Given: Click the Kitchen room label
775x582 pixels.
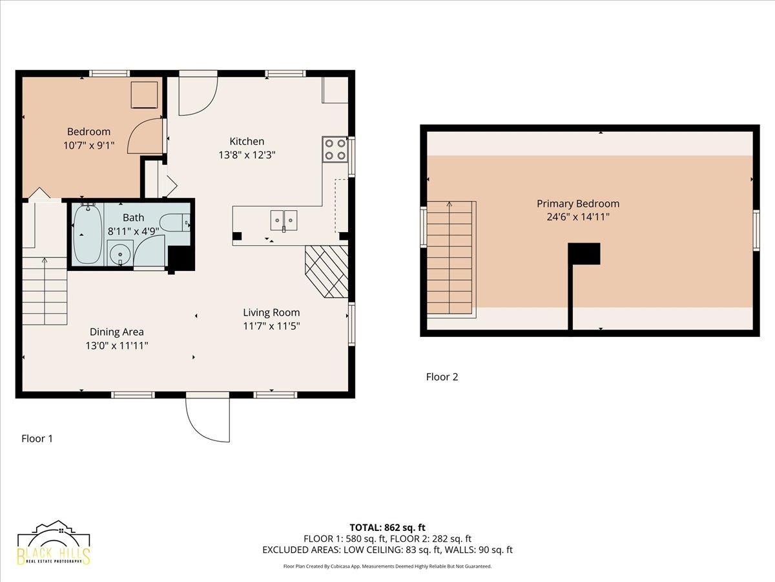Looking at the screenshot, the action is (x=247, y=142).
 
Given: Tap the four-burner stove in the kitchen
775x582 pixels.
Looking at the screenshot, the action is (x=335, y=149).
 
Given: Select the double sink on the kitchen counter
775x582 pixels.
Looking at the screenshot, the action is (x=284, y=221).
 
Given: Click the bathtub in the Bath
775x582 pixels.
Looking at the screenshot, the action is (x=87, y=234).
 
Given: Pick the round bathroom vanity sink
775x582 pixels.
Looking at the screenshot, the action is (x=120, y=253).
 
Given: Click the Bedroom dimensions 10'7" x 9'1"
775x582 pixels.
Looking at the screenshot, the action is (x=89, y=145).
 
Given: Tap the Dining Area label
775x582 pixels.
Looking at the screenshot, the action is (x=116, y=332).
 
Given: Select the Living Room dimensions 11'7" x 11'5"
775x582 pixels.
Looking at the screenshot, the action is (x=271, y=326).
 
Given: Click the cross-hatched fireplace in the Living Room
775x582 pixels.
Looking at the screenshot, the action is (x=327, y=272).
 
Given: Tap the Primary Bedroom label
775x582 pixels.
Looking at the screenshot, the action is (x=578, y=204).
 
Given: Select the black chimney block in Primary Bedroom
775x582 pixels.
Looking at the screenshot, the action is (x=584, y=253).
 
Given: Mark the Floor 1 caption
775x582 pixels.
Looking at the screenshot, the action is (x=37, y=438).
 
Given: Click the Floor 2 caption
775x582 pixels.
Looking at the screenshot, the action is (x=442, y=377).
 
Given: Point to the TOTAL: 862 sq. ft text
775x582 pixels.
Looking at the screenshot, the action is (x=387, y=528).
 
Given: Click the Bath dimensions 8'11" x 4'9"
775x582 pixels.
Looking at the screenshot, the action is (x=134, y=231).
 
